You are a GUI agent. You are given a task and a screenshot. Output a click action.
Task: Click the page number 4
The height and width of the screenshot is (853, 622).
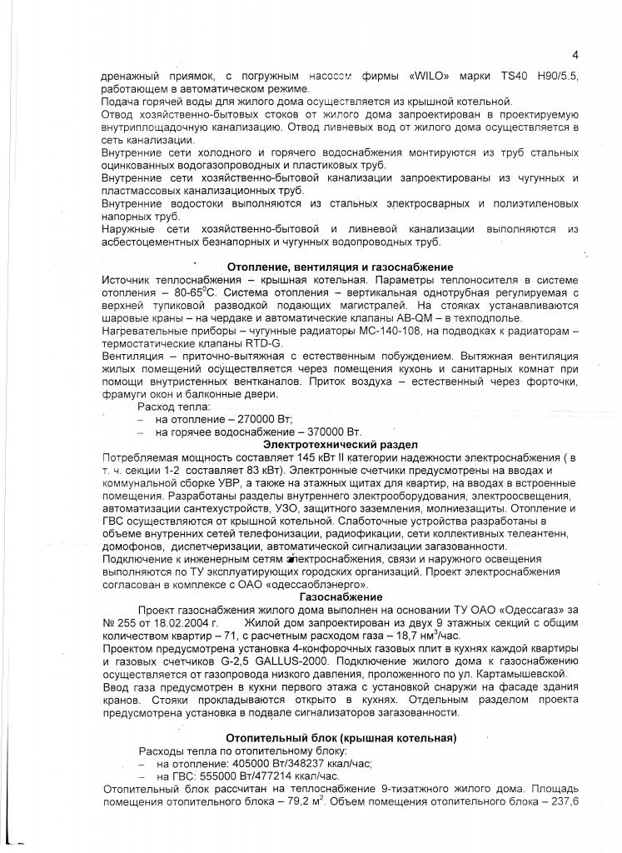[x=575, y=55]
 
